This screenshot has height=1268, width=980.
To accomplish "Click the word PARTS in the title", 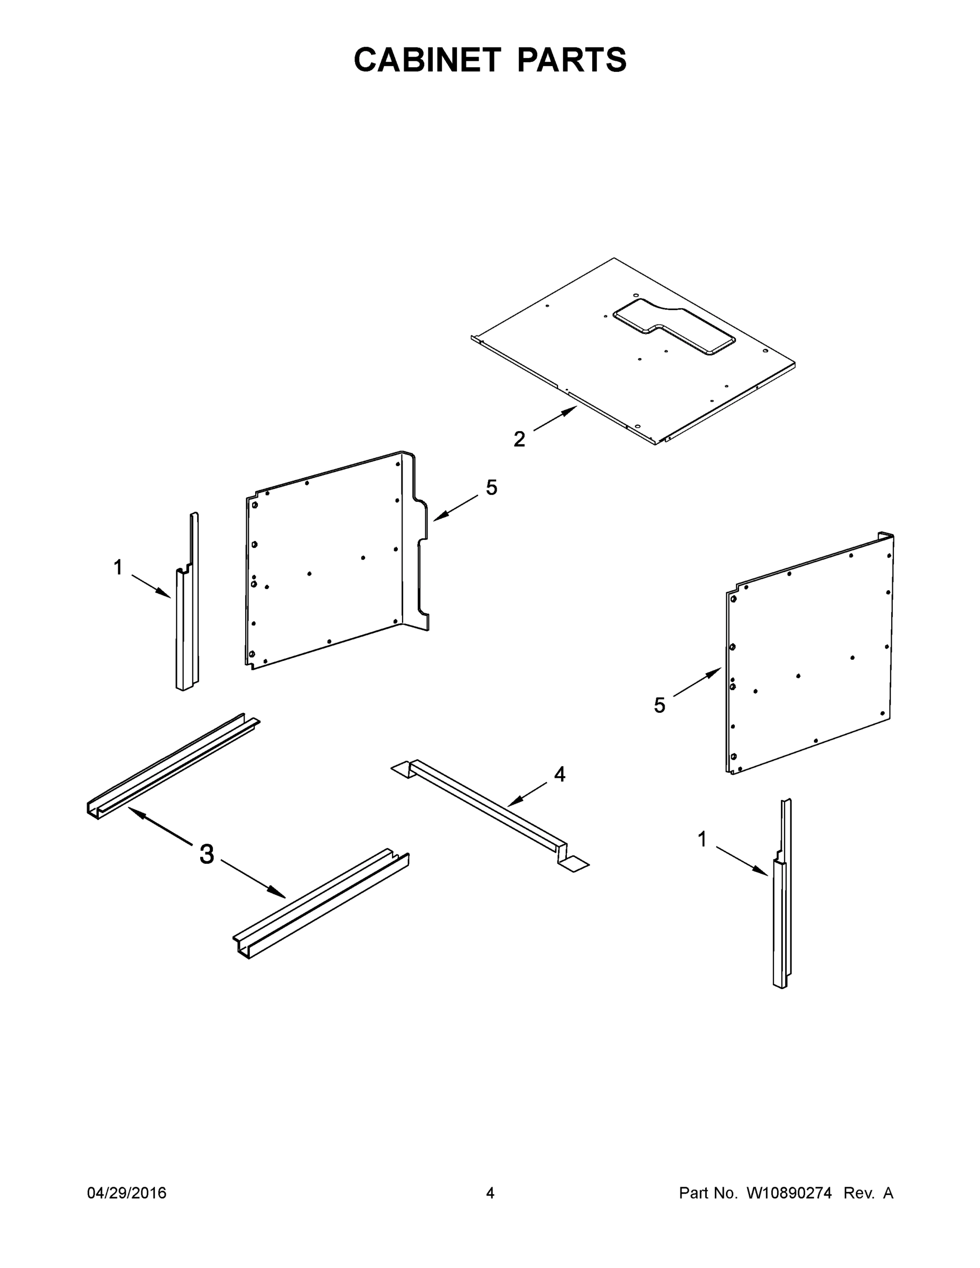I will [571, 60].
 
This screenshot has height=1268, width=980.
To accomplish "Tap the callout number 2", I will [519, 439].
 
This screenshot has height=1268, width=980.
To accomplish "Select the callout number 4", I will [559, 774].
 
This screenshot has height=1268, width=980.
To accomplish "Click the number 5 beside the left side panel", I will [492, 488].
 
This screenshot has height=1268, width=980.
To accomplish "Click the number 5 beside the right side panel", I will [659, 705].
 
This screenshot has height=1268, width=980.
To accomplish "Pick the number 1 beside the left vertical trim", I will [118, 567].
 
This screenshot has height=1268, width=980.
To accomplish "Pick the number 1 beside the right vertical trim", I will [702, 839].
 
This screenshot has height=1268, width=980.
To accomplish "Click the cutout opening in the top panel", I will [674, 327].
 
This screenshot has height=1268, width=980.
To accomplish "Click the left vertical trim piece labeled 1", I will [187, 621].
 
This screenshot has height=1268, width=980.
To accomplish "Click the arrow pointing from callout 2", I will [555, 418].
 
